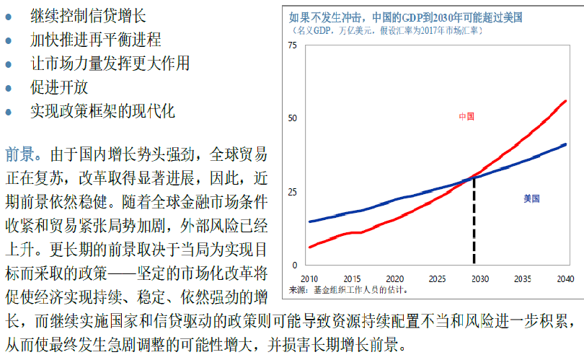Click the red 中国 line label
point(466,116)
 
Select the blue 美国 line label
point(531,198)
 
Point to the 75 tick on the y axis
point(292,46)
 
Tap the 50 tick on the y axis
point(292,118)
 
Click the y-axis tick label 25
point(292,192)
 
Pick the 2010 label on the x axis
point(309,278)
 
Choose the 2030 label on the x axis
point(479,278)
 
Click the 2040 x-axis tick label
point(565,278)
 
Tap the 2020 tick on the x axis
point(394,278)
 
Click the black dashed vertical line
point(474,224)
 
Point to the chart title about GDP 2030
point(406,17)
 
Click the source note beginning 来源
point(348,289)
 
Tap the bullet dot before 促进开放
point(9,88)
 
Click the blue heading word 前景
point(18,155)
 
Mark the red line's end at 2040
point(566,101)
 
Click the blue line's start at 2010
point(310,221)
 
